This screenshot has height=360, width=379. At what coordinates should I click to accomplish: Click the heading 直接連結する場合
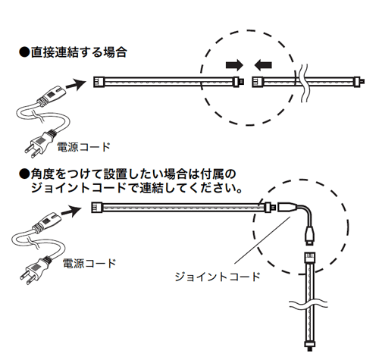[x=79, y=52]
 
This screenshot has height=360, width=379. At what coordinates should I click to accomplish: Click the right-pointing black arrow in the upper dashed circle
[x=234, y=65]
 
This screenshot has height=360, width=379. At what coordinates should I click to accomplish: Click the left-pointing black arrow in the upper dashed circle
[x=263, y=65]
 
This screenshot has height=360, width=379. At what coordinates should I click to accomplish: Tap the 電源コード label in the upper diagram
[x=83, y=147]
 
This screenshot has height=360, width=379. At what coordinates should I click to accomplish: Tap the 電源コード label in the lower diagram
[x=89, y=263]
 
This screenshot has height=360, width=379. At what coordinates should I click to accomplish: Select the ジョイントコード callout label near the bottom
[x=218, y=277]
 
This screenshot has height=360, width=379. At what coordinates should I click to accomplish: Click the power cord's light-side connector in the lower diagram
[x=48, y=221]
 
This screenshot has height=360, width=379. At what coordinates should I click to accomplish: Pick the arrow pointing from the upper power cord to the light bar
[x=75, y=85]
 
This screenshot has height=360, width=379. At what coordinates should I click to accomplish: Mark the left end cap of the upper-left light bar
[x=99, y=82]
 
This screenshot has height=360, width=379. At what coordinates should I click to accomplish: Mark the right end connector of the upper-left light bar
[x=239, y=82]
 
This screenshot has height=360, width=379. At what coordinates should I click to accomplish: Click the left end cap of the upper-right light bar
[x=258, y=82]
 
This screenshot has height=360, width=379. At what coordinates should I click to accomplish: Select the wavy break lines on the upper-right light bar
[x=303, y=83]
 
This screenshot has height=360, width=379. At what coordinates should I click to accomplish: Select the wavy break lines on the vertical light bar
[x=309, y=304]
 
